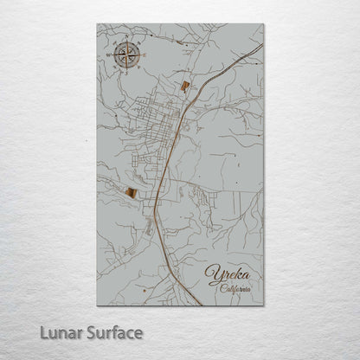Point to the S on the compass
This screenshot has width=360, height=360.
tap(126, 72)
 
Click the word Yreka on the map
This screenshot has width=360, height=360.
tap(228, 276)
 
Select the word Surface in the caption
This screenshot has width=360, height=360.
tap(111, 332)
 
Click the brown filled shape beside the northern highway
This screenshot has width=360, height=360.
tap(185, 86)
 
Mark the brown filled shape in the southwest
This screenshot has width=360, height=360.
tap(130, 193)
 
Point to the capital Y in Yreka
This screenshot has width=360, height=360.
tap(213, 275)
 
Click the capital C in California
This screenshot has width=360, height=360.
tap(222, 288)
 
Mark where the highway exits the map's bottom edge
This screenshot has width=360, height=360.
tap(200, 305)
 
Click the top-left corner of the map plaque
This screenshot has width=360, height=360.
tap(98, 24)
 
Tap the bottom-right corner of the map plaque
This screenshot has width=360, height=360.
tap(262, 305)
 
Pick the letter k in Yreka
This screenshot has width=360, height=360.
tap(238, 275)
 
